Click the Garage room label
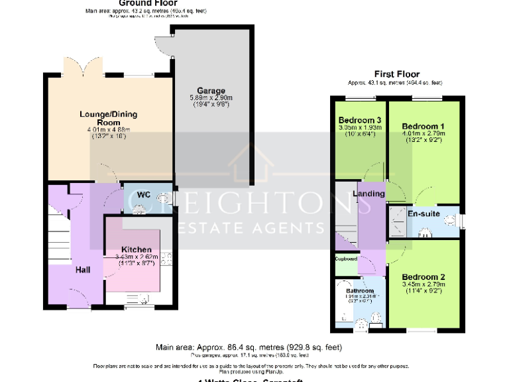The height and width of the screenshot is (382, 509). (211, 91)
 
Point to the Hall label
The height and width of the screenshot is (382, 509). (83, 269)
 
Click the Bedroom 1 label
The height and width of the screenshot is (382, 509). (423, 126)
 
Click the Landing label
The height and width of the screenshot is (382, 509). (368, 193)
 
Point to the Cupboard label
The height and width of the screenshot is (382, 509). (345, 259)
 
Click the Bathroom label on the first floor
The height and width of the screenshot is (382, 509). (357, 291)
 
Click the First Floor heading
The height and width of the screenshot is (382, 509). (397, 74)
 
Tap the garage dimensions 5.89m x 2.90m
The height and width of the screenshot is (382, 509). (211, 98)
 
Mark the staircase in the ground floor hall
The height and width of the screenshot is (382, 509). (58, 232)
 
